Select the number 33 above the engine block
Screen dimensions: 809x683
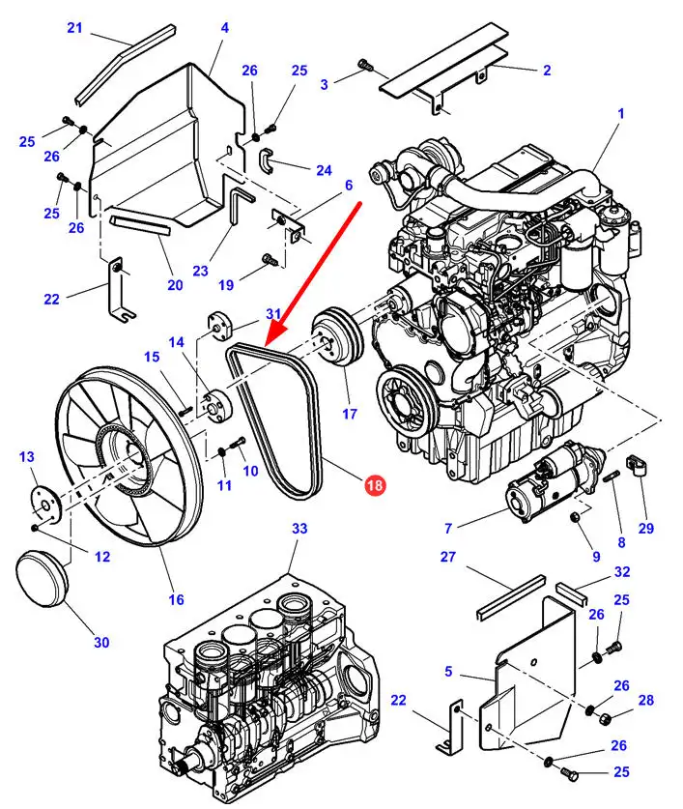[x=299, y=529]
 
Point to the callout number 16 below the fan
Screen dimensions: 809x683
[x=177, y=599]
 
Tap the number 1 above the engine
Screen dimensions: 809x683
[x=621, y=113]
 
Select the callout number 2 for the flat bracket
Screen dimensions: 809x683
[x=546, y=70]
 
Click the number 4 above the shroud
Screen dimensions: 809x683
[x=224, y=28]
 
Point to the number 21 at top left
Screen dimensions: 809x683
[x=74, y=28]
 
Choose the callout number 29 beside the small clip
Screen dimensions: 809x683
[x=646, y=528]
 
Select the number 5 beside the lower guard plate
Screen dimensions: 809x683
[x=448, y=671]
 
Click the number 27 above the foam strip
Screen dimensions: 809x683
[x=447, y=557]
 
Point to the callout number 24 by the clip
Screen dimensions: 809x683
[x=323, y=170]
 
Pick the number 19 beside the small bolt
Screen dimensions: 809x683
[x=226, y=285]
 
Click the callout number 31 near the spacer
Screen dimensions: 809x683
[x=273, y=314]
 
